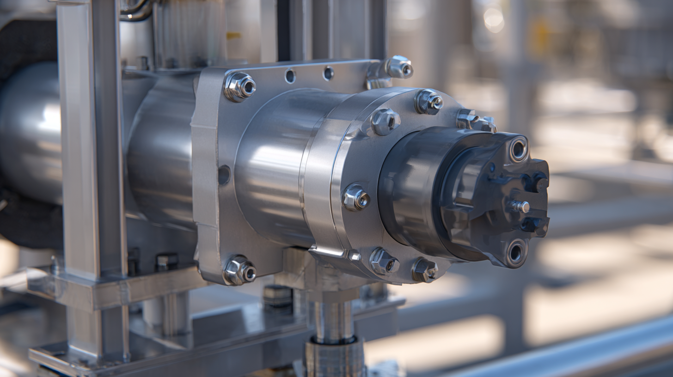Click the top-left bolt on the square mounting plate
click(x=240, y=86)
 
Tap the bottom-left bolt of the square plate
click(x=240, y=270)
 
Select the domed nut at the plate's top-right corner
click(x=399, y=67)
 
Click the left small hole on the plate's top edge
click(x=290, y=76)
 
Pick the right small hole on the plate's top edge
click(x=328, y=73)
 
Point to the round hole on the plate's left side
click(x=224, y=175)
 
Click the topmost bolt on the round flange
click(x=428, y=102)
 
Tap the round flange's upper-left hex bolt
click(x=385, y=121)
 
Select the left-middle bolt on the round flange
click(x=355, y=197)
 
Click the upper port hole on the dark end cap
click(x=518, y=149)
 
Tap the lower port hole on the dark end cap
click(x=516, y=252)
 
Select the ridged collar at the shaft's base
click(x=334, y=358)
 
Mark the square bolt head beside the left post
click(x=166, y=261)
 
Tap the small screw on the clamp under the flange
click(x=355, y=255)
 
